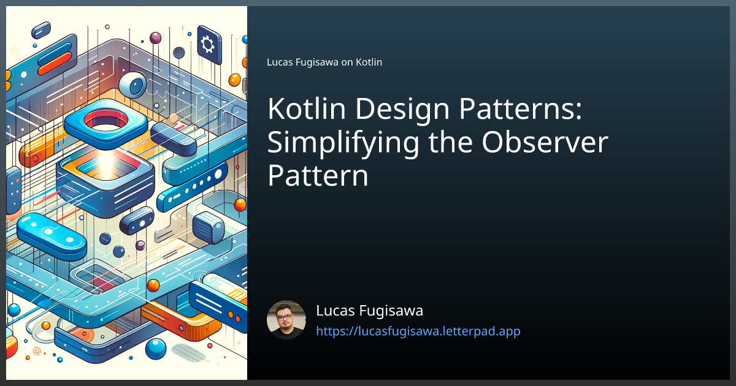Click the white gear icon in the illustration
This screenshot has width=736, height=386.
pyautogui.click(x=207, y=44)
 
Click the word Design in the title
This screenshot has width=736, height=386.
pyautogui.click(x=402, y=108)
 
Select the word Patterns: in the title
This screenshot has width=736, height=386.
pyautogui.click(x=521, y=108)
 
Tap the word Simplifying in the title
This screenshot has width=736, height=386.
pyautogui.click(x=343, y=143)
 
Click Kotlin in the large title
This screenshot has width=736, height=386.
pyautogui.click(x=307, y=108)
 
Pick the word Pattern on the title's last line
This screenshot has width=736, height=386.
pyautogui.click(x=318, y=176)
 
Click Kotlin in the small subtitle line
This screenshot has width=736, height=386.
pyautogui.click(x=369, y=62)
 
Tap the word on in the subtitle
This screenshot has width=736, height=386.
pyautogui.click(x=347, y=62)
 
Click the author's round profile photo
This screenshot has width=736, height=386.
pyautogui.click(x=286, y=320)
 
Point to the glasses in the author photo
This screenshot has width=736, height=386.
pyautogui.click(x=285, y=317)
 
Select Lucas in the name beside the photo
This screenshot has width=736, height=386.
pyautogui.click(x=335, y=311)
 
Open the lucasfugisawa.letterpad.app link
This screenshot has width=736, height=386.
pyautogui.click(x=418, y=331)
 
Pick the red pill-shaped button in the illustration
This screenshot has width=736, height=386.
pyautogui.click(x=55, y=64)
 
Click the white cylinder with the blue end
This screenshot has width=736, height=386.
pyautogui.click(x=132, y=85)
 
